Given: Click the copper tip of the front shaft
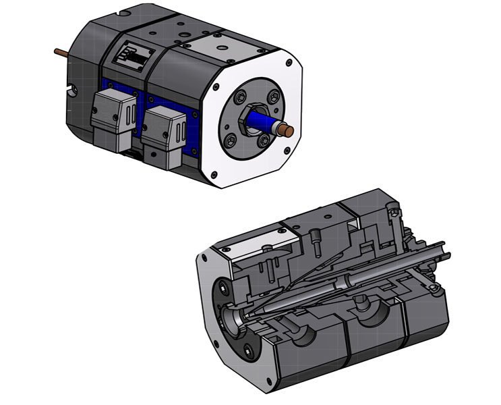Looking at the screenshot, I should click(x=289, y=130).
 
